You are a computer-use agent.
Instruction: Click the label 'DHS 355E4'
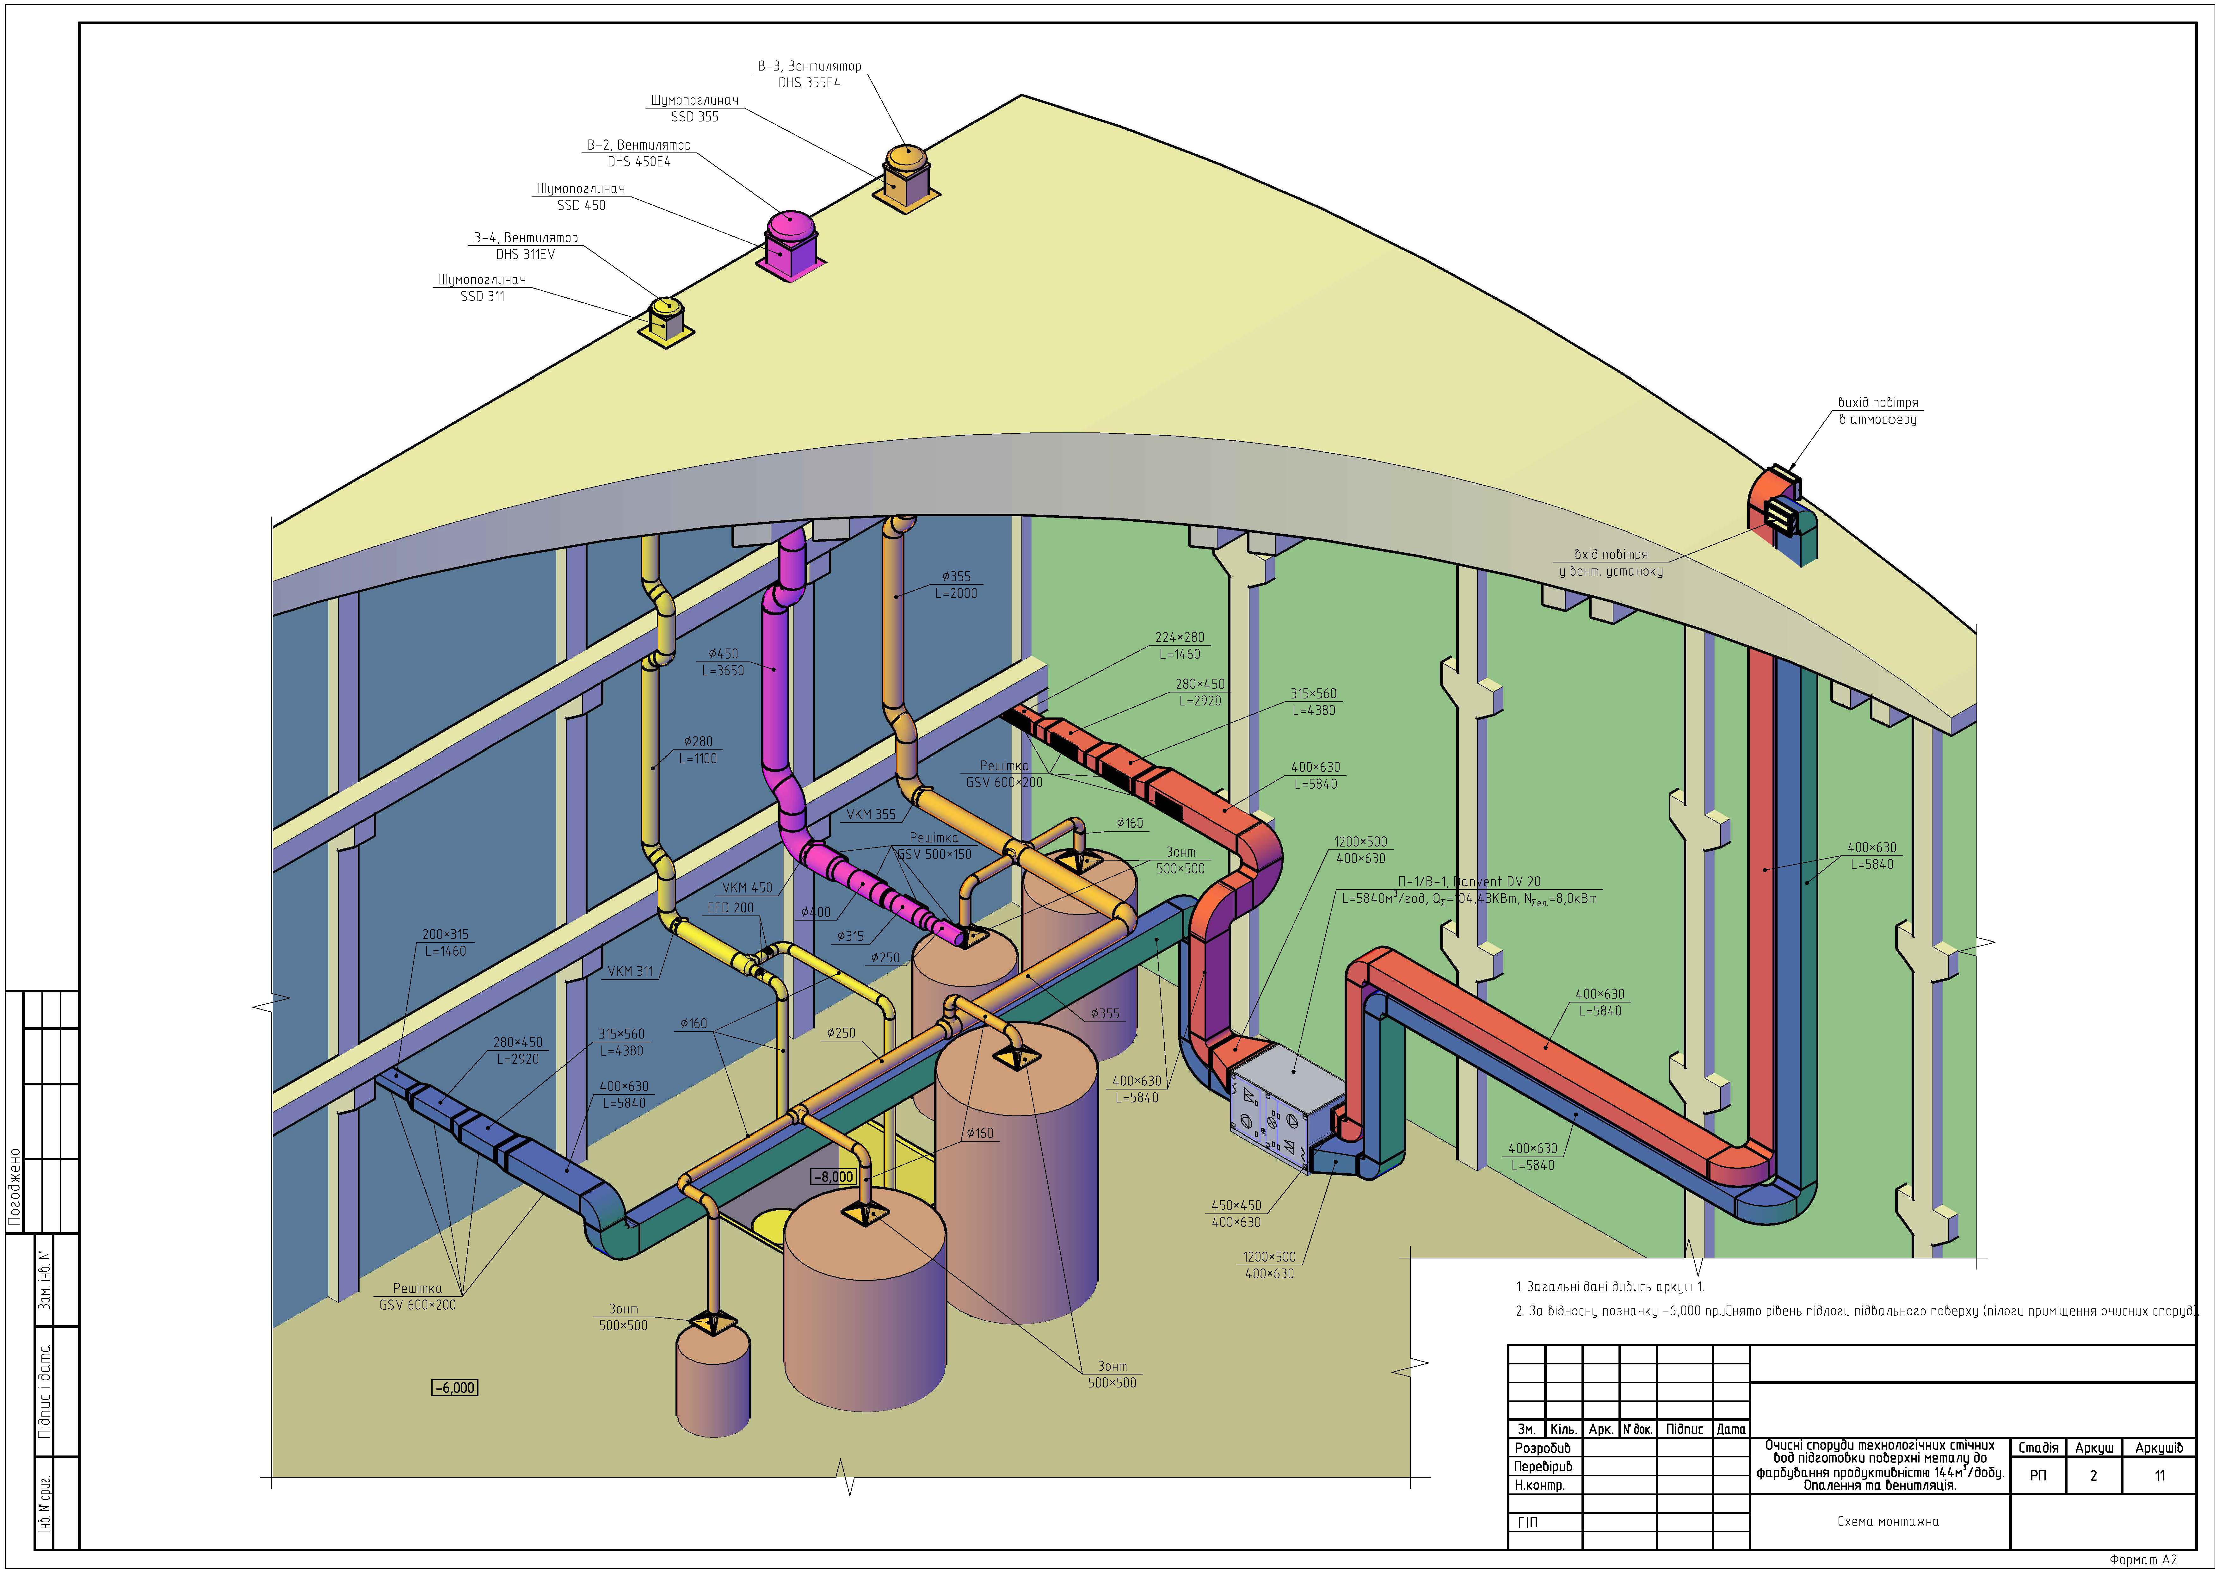(809, 83)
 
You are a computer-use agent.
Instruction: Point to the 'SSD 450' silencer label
(581, 205)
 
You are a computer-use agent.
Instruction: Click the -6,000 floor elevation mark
(454, 1387)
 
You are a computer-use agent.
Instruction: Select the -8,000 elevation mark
(833, 1176)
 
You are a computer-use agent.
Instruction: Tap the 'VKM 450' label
(747, 887)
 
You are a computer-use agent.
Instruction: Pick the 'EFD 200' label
(730, 908)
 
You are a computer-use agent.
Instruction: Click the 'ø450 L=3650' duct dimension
(723, 662)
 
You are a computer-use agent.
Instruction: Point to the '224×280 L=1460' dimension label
(1180, 646)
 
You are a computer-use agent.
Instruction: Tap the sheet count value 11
(2159, 1475)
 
